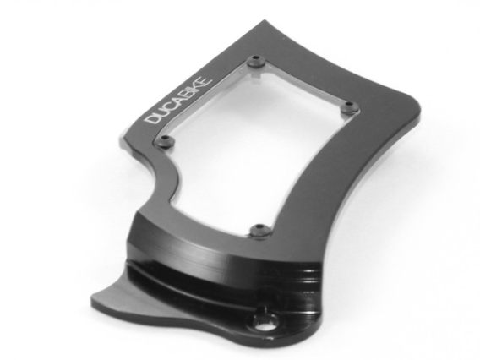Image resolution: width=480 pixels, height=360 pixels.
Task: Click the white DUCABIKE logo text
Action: tap(185, 100)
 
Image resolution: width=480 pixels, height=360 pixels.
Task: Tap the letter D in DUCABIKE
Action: tap(152, 120)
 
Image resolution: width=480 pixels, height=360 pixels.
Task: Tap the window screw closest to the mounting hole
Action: tap(260, 228)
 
